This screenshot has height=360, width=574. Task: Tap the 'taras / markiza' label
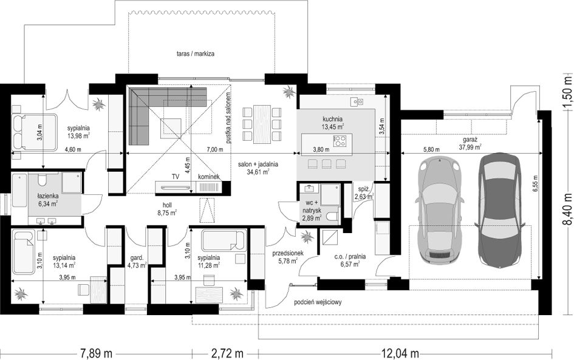click(195, 54)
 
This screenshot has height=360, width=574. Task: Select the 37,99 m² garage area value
click(470, 147)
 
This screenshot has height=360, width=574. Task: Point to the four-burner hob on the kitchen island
click(340, 141)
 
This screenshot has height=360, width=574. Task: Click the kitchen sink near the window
click(357, 101)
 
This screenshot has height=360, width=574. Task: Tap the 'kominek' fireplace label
click(209, 177)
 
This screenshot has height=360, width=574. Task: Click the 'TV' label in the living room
click(176, 177)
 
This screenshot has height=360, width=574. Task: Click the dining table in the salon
click(262, 124)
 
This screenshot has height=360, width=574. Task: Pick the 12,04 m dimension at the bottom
click(400, 353)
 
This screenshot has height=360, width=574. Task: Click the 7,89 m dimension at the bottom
click(97, 353)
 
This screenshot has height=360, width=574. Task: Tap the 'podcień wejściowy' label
click(318, 302)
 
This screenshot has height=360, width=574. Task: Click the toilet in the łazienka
click(42, 180)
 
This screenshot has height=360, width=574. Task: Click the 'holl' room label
click(167, 205)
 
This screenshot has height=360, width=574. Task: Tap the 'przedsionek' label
click(287, 253)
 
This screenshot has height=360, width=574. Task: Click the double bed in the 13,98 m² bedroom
click(34, 132)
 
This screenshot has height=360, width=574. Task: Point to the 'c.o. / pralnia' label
click(350, 256)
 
